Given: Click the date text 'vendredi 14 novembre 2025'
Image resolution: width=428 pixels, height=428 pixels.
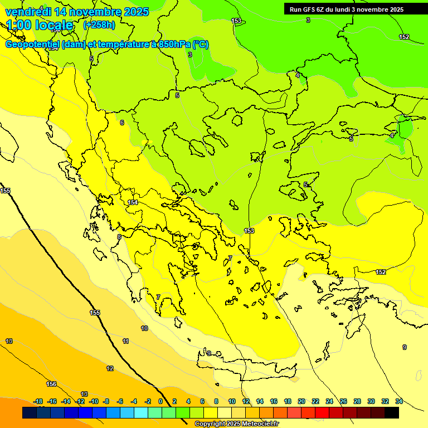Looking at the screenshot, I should click(x=77, y=12).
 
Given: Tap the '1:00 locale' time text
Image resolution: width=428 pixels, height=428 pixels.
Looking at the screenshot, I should click(x=40, y=25).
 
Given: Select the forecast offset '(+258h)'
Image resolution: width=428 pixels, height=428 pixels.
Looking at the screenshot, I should click(x=99, y=25).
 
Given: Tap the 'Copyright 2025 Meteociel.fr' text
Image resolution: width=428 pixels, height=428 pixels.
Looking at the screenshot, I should click(x=236, y=424).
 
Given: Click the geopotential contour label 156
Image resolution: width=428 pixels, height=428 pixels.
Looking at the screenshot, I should click(x=51, y=384).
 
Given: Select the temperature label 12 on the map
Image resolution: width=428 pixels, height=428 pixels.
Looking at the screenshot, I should click(x=110, y=368).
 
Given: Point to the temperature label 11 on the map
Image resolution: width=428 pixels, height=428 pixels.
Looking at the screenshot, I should click(x=126, y=341).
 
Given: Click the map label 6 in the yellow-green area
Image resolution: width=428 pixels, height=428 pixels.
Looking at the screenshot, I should click(x=122, y=123).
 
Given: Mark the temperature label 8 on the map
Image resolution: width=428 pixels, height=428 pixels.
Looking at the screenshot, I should click(x=119, y=237).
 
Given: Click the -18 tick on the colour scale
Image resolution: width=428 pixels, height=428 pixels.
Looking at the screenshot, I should click(x=38, y=401).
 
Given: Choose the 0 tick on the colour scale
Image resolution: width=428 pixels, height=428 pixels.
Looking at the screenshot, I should click(x=160, y=401).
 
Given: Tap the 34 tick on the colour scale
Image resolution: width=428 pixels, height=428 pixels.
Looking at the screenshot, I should click(x=398, y=401).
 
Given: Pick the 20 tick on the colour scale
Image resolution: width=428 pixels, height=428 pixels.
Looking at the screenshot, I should click(x=301, y=401).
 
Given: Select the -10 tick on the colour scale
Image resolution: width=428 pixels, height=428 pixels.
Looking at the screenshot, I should click(x=94, y=401).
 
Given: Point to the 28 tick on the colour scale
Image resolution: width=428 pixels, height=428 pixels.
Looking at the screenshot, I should click(x=357, y=401).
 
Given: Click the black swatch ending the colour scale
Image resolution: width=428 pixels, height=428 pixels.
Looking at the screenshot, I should click(x=392, y=413).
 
